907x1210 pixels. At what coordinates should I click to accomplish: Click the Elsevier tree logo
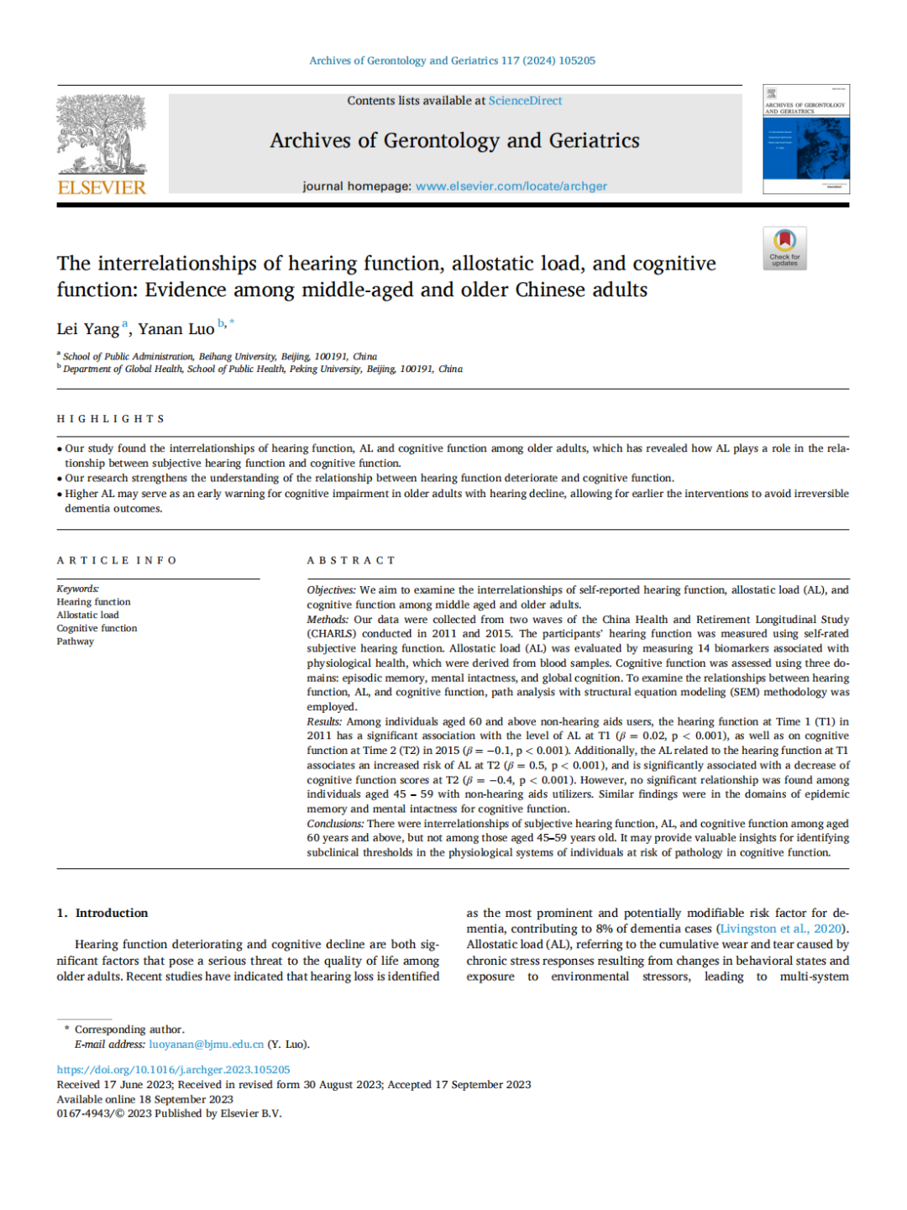(102, 134)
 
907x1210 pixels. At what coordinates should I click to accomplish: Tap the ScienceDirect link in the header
(525, 101)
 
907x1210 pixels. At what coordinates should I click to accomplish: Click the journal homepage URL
(511, 186)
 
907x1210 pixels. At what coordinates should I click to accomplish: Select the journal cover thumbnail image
(805, 139)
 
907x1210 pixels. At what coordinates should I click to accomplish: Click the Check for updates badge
(784, 249)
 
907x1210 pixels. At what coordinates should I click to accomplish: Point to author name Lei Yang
(88, 329)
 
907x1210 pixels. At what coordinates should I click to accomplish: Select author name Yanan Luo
(176, 329)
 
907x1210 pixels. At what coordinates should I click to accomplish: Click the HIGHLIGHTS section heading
(111, 419)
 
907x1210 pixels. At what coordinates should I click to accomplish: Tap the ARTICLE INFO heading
(117, 561)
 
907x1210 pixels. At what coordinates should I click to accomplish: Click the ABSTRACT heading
(350, 561)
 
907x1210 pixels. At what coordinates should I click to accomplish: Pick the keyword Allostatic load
(88, 615)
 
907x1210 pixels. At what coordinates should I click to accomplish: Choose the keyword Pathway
(76, 642)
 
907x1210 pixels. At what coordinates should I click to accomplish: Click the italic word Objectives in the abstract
(331, 590)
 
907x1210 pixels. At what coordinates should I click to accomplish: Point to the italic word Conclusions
(335, 824)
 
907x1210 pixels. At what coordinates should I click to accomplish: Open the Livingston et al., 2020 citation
(781, 929)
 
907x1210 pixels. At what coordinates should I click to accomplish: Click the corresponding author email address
(207, 1045)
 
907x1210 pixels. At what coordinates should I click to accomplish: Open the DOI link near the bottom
(173, 1070)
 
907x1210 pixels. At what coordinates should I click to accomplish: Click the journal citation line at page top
(452, 60)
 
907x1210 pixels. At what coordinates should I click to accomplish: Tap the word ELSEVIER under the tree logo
(102, 187)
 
